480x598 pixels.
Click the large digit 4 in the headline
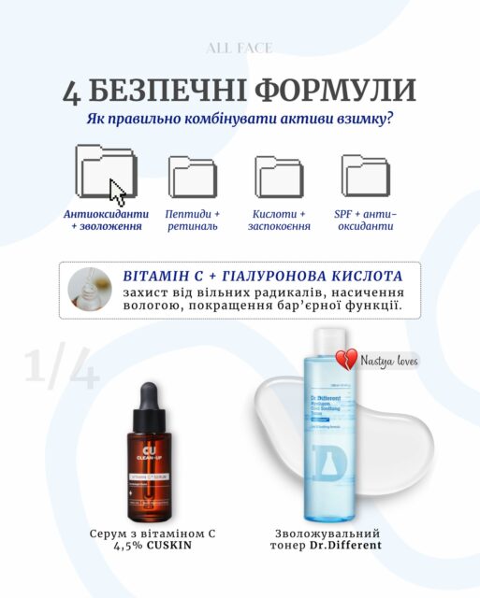(74, 92)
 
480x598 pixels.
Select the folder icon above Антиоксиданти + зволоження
(106, 171)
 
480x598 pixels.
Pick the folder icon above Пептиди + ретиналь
(193, 176)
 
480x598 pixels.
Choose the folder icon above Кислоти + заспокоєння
(279, 176)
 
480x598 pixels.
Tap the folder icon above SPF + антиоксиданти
(365, 176)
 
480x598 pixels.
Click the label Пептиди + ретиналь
(193, 221)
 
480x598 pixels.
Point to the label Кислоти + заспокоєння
(279, 221)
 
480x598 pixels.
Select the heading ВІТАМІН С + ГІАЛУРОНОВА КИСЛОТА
(263, 277)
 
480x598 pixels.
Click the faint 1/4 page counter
(61, 371)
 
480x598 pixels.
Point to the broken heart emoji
(347, 360)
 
